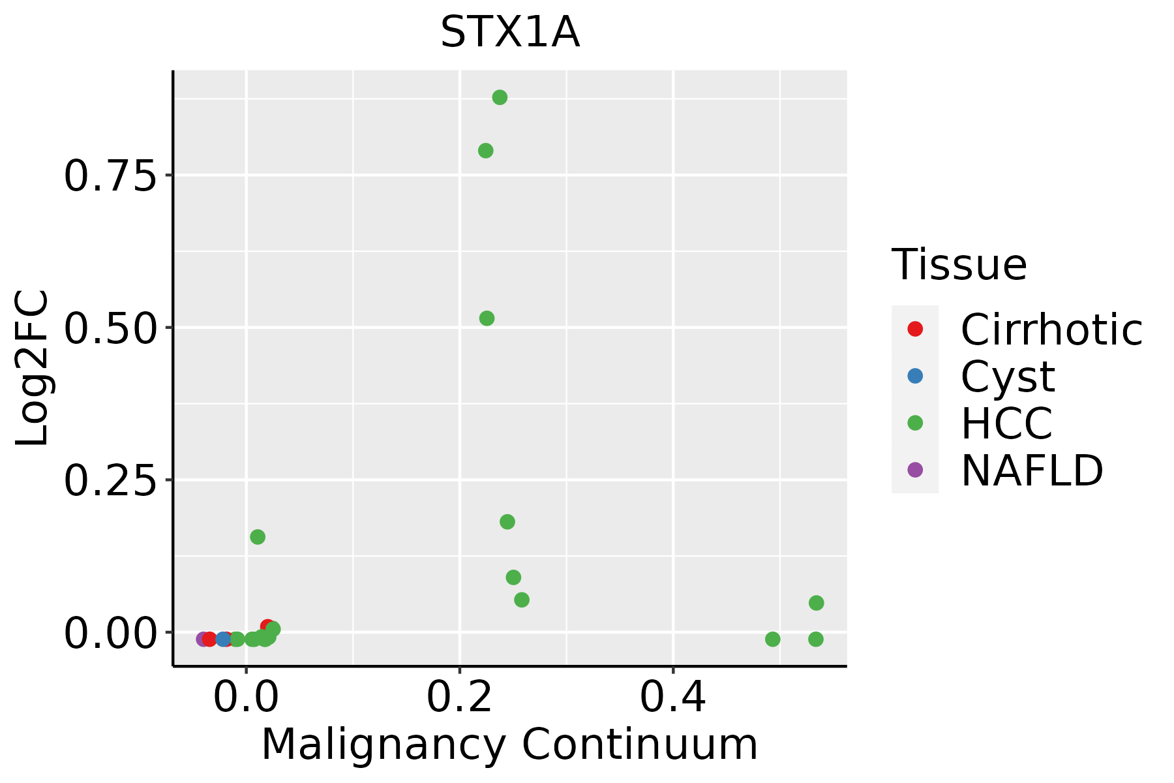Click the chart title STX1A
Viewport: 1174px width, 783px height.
[x=510, y=33]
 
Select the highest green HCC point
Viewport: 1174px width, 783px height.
[x=500, y=98]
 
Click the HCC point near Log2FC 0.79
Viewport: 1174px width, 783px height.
[x=485, y=151]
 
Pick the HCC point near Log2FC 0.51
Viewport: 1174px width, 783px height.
[x=487, y=318]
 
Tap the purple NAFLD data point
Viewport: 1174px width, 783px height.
[x=203, y=639]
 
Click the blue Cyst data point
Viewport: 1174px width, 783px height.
[x=224, y=639]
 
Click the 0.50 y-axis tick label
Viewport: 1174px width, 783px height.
[x=110, y=328]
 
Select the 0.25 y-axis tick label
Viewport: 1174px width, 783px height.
[x=110, y=480]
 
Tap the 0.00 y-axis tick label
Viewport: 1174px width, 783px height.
[x=110, y=633]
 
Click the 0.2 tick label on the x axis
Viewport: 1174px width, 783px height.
[x=459, y=698]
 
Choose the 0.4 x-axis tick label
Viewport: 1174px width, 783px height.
[x=672, y=698]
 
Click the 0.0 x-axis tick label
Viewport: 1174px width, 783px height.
[x=245, y=698]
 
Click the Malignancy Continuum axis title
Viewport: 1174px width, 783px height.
[x=509, y=745]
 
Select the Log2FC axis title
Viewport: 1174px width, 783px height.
[x=33, y=369]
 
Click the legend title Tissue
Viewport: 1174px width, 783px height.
[x=959, y=265]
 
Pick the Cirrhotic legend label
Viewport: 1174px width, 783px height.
[x=1051, y=330]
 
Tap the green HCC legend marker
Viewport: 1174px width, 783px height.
[x=915, y=423]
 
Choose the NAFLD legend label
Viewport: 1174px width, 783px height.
[x=1032, y=470]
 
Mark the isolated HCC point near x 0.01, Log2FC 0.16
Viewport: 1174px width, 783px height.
[x=258, y=537]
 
